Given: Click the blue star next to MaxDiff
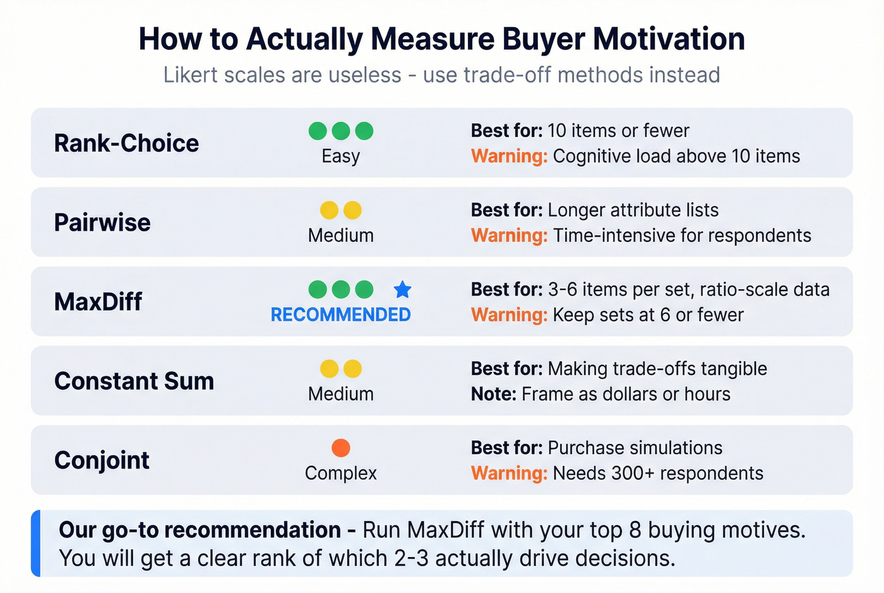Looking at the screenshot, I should click(x=402, y=290).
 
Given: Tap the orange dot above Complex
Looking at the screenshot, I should click(x=341, y=448).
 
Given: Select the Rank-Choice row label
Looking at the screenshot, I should click(x=126, y=143).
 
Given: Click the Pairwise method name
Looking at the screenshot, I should click(x=102, y=222).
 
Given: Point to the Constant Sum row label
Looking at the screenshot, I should click(x=134, y=381).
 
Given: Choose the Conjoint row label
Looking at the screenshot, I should click(x=102, y=460).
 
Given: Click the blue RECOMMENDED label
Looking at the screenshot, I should click(x=340, y=314).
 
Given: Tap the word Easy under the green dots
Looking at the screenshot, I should click(x=340, y=156).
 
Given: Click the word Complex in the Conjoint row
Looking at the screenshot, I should click(x=340, y=473).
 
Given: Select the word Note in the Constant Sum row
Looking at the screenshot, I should click(x=493, y=394).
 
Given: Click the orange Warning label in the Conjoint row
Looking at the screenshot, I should click(x=509, y=473).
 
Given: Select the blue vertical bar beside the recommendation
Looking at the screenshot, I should click(x=36, y=543).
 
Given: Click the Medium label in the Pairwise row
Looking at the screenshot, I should click(x=340, y=236).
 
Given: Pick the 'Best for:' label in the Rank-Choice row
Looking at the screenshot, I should click(x=506, y=131).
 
